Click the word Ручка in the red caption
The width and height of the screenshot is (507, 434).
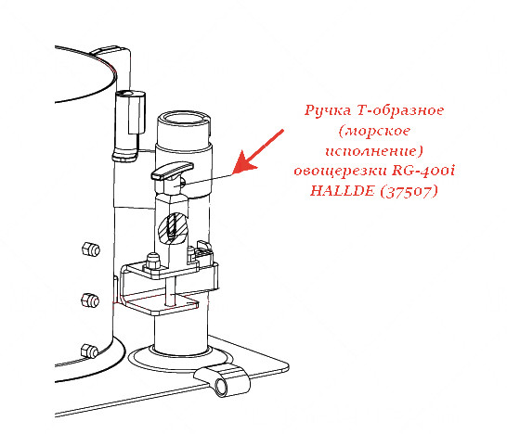tap(328, 110)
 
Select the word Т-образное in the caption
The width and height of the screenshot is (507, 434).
tap(400, 110)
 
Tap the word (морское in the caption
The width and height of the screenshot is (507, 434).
tap(374, 131)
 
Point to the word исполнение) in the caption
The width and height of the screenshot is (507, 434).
tap(374, 151)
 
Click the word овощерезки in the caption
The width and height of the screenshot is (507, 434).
tap(341, 171)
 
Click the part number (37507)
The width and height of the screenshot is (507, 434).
tap(409, 191)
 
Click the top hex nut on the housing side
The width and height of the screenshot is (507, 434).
tap(91, 249)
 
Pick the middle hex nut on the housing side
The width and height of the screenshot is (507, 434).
tap(90, 300)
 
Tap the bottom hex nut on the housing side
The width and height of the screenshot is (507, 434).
tap(89, 351)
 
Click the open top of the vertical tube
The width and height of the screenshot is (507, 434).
tap(184, 118)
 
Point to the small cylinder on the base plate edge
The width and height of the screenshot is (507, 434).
tap(222, 380)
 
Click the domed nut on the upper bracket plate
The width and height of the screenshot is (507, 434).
tap(152, 261)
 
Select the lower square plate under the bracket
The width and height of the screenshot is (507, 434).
tap(160, 303)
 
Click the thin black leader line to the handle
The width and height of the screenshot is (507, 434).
tap(208, 180)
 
